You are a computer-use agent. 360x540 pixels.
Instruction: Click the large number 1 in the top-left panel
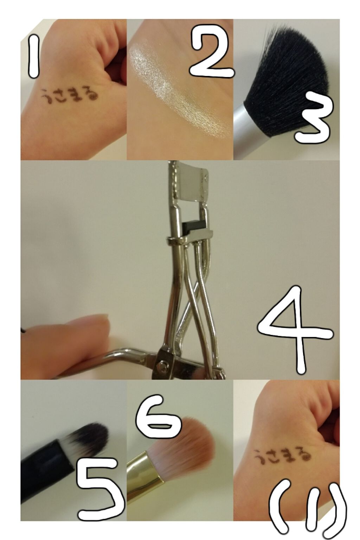[33, 56]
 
